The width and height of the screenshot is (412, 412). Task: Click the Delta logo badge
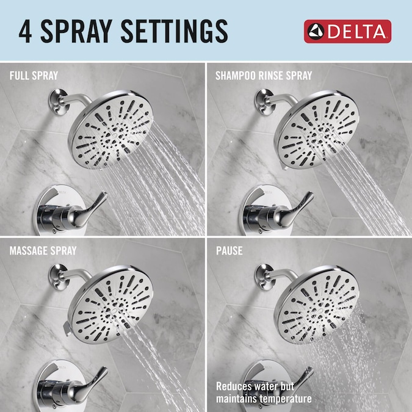point(347,32)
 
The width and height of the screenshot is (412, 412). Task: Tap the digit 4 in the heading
point(25,31)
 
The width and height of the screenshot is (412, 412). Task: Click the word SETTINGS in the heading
point(175,31)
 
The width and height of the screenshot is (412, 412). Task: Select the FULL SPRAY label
point(34,76)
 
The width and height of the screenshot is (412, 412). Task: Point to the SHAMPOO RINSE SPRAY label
point(264,76)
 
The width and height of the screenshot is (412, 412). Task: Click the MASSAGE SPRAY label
point(43,251)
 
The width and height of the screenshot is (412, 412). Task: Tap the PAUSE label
point(229,251)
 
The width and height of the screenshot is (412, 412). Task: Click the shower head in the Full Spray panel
point(111,129)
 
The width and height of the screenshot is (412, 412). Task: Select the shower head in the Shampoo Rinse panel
point(317,129)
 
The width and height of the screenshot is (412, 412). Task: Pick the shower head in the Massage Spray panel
point(110,305)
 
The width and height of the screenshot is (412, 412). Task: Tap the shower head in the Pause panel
point(317,305)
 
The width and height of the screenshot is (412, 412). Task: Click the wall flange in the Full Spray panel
point(59,102)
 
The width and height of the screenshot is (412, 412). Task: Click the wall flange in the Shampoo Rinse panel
point(264,102)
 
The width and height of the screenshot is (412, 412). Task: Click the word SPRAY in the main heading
point(76,31)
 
